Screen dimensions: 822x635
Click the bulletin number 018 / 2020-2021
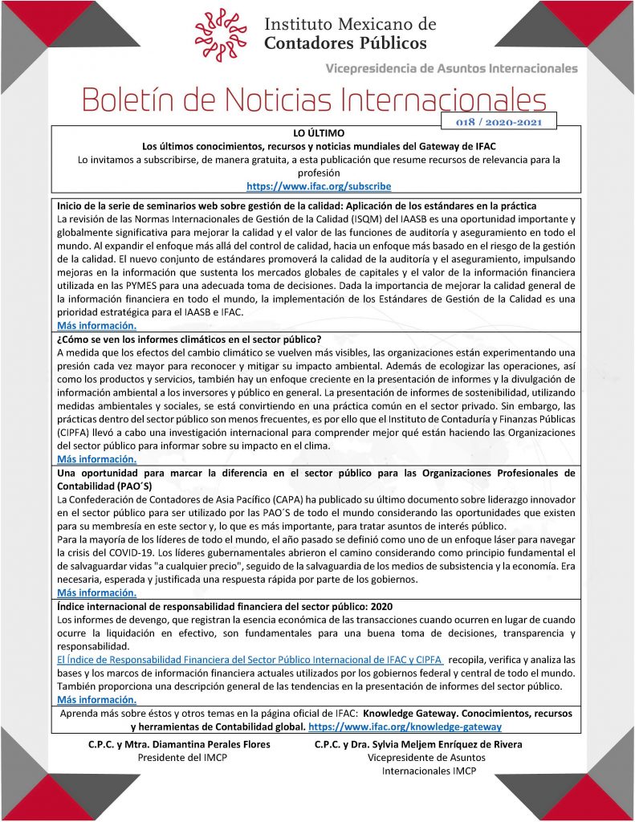click(x=499, y=122)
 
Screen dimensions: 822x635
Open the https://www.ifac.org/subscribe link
click(x=319, y=186)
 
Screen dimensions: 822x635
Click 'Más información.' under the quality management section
click(x=96, y=325)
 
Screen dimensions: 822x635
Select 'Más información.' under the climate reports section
click(x=96, y=459)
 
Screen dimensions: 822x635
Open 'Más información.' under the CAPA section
click(x=96, y=592)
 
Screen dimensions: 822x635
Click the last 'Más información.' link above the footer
click(x=96, y=699)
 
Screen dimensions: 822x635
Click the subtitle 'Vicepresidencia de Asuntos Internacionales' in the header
click(x=451, y=68)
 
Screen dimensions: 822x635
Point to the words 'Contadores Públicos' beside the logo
click(x=346, y=43)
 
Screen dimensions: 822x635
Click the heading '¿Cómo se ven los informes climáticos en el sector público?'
click(x=189, y=339)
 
